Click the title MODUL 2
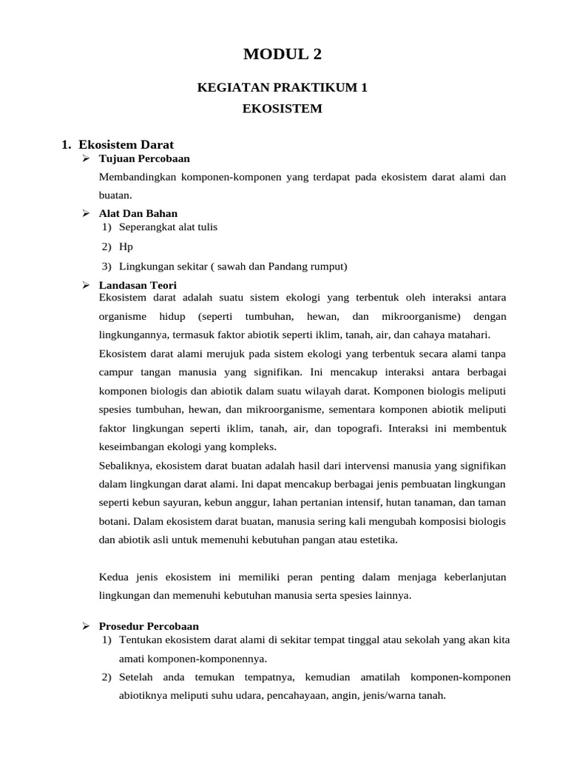(283, 54)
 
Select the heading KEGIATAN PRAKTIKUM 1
(283, 88)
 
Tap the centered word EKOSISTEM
(283, 109)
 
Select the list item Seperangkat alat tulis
(169, 227)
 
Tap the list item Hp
(126, 246)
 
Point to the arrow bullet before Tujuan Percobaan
(85, 158)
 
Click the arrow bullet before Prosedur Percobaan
(85, 626)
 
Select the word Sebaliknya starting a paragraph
(124, 466)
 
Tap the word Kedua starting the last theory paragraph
(112, 577)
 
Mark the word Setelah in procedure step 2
(136, 677)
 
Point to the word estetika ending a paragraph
(379, 540)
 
